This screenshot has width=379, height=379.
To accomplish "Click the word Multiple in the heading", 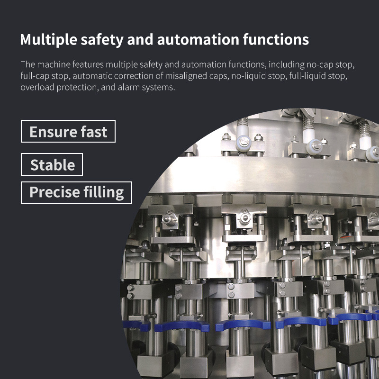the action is [x=49, y=40].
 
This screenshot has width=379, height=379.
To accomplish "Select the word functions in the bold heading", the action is [x=276, y=39].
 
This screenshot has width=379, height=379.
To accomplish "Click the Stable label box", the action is [x=52, y=164].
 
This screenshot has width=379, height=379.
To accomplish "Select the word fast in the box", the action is [x=94, y=132].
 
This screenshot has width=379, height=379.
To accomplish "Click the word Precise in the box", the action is [x=54, y=192].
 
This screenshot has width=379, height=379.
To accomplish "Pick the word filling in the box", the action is [x=104, y=193].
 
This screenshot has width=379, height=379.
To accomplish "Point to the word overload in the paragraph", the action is [x=37, y=87].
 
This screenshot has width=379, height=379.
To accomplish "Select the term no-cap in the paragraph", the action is [x=319, y=65].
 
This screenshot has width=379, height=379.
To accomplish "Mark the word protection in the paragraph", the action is [x=78, y=88].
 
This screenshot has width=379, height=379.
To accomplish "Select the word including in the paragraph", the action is [x=287, y=65].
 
